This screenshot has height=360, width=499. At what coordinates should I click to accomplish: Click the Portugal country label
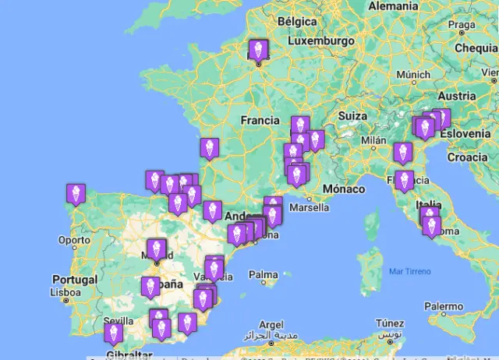pyautogui.click(x=75, y=280)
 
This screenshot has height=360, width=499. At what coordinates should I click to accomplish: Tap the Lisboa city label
pyautogui.click(x=65, y=294)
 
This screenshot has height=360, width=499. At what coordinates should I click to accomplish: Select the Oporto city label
pyautogui.click(x=74, y=240)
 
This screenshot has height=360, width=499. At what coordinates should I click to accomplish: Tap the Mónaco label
pyautogui.click(x=344, y=189)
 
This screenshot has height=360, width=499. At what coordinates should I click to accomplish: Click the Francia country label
pyautogui.click(x=260, y=121)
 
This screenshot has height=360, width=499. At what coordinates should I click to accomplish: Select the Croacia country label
pyautogui.click(x=467, y=156)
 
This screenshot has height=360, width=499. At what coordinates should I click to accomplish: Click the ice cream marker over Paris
pyautogui.click(x=257, y=49)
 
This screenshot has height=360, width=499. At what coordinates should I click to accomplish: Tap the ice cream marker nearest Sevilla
pyautogui.click(x=114, y=333)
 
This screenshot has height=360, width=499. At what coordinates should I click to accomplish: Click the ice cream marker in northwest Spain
pyautogui.click(x=76, y=193)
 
